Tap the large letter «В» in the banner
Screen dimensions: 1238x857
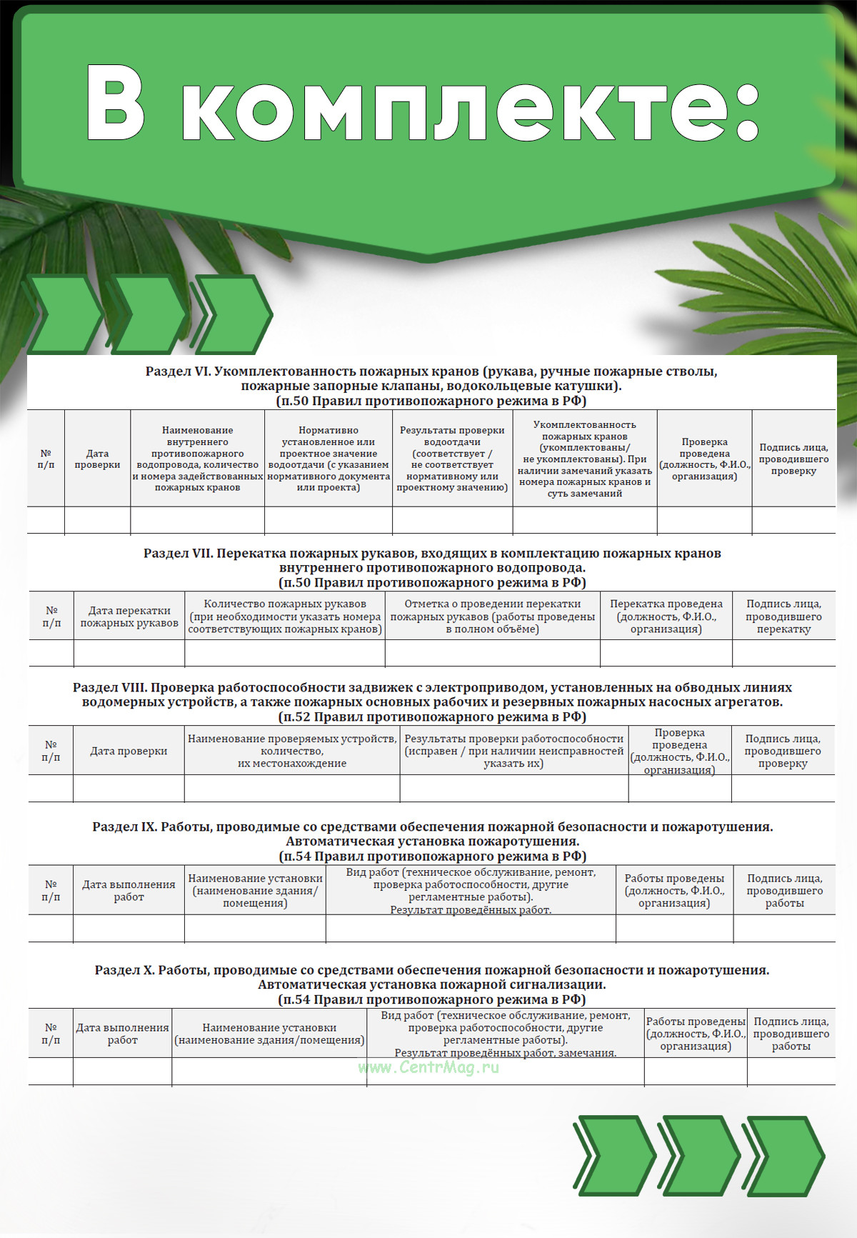point(116,104)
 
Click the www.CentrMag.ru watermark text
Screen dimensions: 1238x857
point(428,1067)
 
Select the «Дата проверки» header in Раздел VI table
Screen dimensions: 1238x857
point(97,459)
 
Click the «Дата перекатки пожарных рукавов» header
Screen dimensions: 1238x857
point(129,616)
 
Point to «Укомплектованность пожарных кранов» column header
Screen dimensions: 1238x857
point(584,459)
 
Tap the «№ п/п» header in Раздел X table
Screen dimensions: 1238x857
point(51,1033)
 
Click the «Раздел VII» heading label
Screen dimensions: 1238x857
point(178,554)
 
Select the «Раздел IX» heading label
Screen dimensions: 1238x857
point(124,827)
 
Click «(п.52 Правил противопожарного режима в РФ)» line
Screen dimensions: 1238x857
point(432,717)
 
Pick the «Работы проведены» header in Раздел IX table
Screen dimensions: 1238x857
point(674,890)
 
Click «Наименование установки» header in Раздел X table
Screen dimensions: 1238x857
point(269,1033)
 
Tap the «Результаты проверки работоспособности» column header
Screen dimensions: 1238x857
point(513,750)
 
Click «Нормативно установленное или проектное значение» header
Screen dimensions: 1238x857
point(328,459)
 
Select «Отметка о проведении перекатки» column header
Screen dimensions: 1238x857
point(492,616)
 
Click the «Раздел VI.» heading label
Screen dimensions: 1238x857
point(178,371)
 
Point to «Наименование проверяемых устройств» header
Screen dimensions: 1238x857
point(292,750)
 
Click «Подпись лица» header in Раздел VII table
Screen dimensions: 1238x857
point(783,616)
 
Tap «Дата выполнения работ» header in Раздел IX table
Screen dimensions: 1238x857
point(129,890)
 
